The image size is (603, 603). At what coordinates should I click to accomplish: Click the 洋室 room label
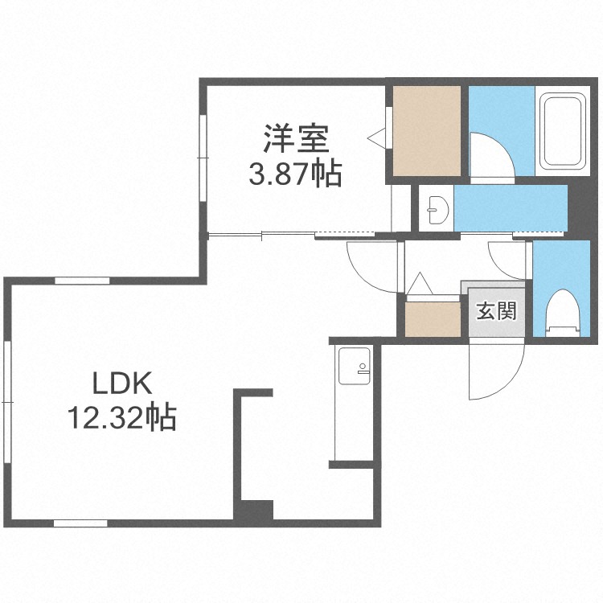point(296,139)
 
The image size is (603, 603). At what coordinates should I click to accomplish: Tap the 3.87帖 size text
point(295,174)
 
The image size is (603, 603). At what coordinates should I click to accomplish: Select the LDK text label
point(122,383)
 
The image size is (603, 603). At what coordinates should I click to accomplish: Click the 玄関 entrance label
point(496,310)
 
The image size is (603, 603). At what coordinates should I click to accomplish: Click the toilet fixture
point(563,313)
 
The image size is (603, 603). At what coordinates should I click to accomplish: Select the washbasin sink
point(437,210)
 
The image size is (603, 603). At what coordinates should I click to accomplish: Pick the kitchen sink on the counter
point(355,366)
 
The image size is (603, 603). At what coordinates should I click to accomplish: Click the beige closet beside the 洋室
point(426,131)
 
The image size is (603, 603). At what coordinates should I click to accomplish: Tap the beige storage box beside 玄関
point(433,319)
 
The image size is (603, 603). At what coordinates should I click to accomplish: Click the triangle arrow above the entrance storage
point(420,284)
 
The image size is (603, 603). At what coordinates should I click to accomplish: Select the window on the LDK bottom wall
point(80,523)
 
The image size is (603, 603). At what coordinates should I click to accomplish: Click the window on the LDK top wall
point(82,281)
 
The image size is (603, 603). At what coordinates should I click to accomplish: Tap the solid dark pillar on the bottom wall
point(254,511)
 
